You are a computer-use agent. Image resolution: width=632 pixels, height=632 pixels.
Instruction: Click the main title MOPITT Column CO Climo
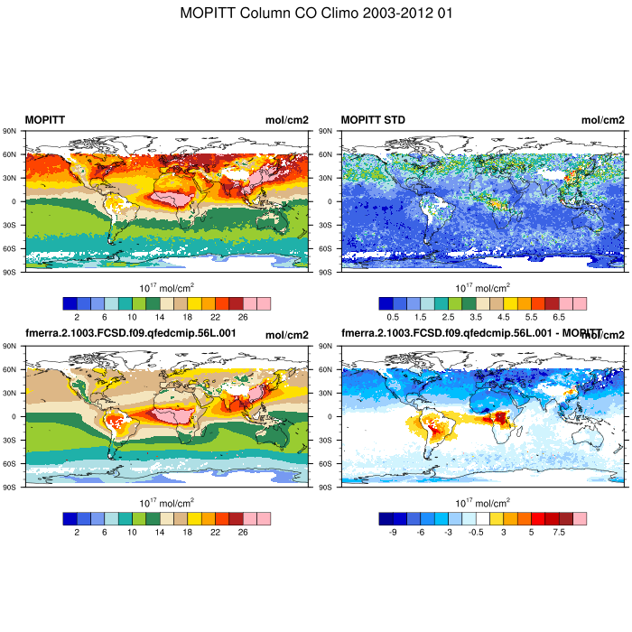coord(315,14)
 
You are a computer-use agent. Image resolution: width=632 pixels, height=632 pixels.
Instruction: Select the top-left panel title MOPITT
coord(44,120)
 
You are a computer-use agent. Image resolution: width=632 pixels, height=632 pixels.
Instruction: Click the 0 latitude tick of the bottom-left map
coord(18,416)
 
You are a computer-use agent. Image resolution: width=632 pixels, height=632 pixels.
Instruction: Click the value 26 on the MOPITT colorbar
coord(242,318)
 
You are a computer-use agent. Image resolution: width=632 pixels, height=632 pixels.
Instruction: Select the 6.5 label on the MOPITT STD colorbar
coord(558,318)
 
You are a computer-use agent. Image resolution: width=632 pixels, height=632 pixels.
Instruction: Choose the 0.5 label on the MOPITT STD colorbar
coord(393,318)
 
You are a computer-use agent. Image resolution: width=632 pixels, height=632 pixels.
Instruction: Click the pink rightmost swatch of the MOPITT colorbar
coord(264,303)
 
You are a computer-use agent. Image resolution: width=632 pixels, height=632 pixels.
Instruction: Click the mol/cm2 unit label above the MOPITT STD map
coord(602,120)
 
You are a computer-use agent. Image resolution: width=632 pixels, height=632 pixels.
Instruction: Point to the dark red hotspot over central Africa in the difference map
coord(497,417)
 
